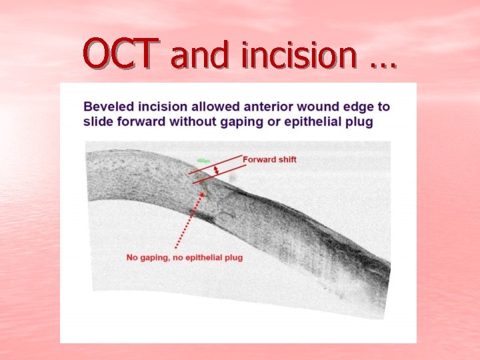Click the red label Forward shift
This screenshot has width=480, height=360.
coord(269,159)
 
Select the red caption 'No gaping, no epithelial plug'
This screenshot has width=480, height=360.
coord(185,257)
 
